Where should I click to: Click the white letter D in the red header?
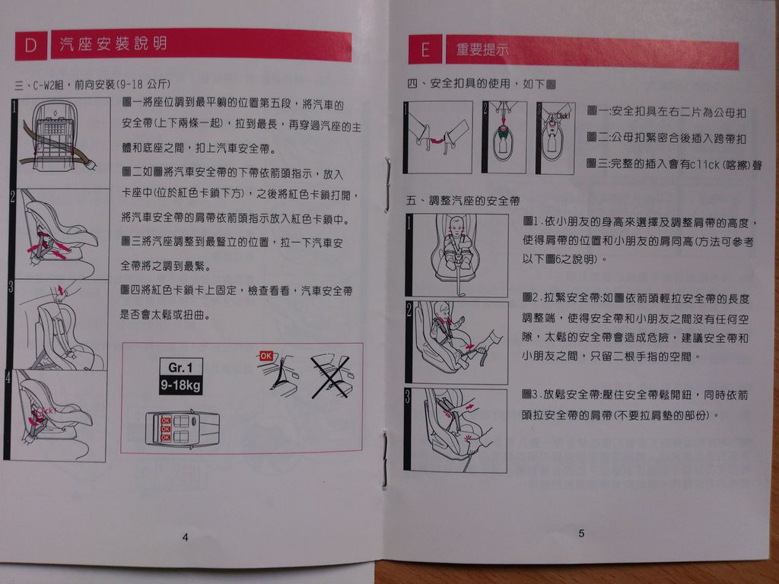30,45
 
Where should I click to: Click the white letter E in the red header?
425,50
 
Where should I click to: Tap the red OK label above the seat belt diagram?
266,356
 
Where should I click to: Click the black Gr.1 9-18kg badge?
181,376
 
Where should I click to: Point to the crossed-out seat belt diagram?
330,376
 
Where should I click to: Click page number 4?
186,537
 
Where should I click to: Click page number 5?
581,533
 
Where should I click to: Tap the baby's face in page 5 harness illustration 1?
456,227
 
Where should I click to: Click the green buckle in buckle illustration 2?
504,132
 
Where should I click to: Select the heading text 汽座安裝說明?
114,43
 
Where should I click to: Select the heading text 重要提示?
482,49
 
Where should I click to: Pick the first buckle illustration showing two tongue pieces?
437,137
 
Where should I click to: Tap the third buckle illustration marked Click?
555,138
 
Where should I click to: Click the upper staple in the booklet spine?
387,185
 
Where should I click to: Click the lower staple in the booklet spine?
385,459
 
